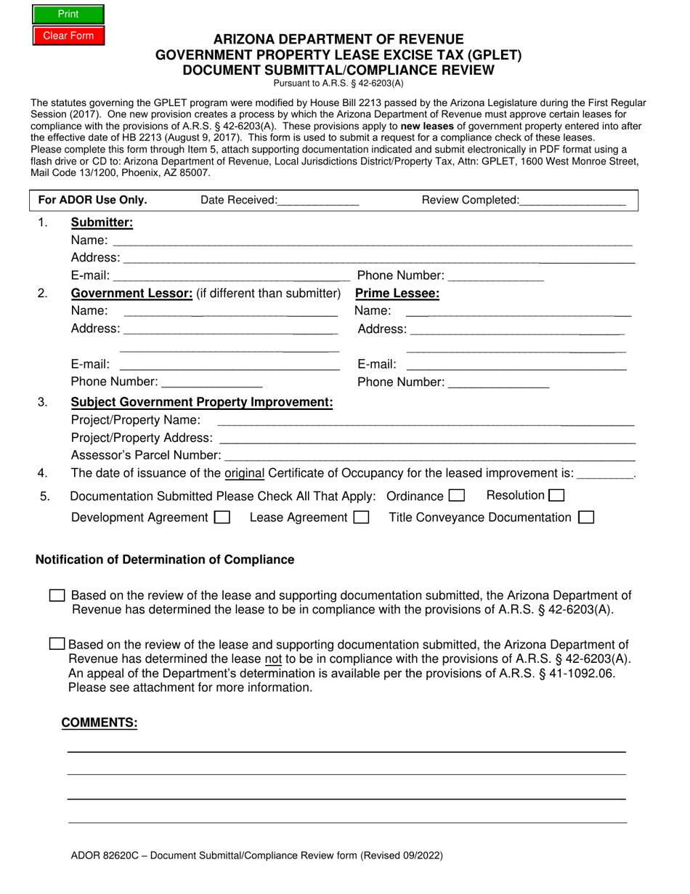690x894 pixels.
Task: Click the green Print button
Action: [68, 14]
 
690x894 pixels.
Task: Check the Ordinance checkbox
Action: [457, 496]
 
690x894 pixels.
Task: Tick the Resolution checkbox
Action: [556, 496]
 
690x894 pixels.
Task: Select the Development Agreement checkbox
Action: [223, 518]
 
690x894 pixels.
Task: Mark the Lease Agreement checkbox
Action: [361, 518]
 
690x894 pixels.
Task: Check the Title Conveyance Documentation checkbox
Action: [586, 518]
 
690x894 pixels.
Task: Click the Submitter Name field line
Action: [372, 241]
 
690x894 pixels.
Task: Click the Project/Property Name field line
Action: [425, 421]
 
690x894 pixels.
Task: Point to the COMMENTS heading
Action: [100, 722]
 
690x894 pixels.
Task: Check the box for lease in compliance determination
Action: [57, 596]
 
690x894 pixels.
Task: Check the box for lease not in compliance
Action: [57, 644]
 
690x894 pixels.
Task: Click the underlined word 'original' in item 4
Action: [245, 474]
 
